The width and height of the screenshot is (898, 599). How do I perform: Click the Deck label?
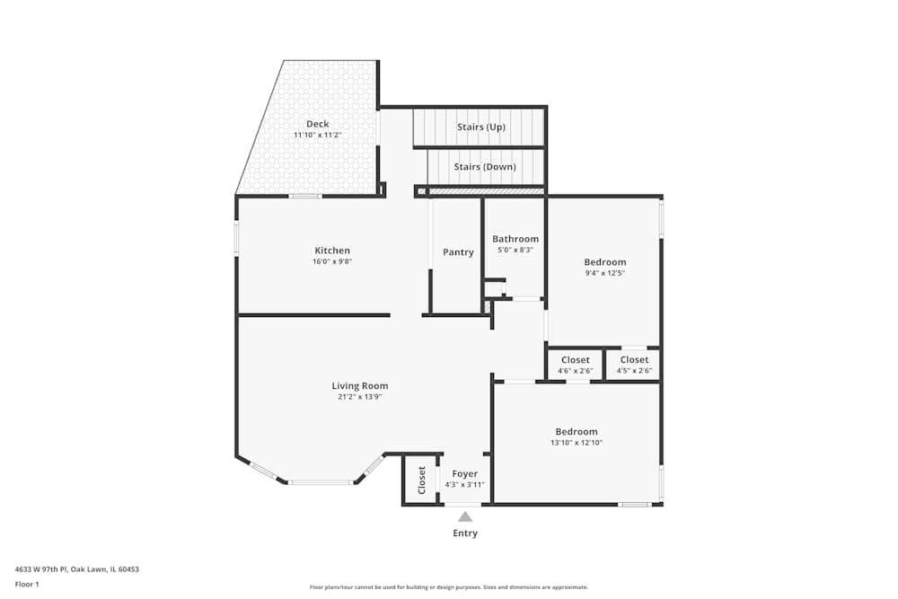317,124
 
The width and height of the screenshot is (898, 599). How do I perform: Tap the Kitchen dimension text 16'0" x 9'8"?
331,262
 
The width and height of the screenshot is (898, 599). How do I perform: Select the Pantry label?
458,252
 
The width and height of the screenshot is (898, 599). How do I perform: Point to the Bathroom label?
515,239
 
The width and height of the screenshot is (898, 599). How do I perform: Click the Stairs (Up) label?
481,127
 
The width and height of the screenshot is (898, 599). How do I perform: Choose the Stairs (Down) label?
485,167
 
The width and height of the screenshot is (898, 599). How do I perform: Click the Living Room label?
360,385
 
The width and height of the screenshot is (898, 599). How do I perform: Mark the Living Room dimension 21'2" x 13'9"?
360,397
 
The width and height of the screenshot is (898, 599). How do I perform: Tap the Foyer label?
464,473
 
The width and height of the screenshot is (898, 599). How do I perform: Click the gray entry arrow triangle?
465,516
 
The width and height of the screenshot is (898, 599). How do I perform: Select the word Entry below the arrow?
465,533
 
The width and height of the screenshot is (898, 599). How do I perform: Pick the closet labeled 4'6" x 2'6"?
575,366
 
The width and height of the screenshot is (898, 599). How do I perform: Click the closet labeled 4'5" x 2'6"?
634,366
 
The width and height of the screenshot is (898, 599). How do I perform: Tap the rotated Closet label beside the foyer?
421,480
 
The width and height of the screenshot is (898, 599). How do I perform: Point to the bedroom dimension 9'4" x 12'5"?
604,273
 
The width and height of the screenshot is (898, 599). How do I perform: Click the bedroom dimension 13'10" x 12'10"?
576,443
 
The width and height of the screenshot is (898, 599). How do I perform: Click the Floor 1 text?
27,584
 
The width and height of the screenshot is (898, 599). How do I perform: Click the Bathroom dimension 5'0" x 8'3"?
515,250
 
